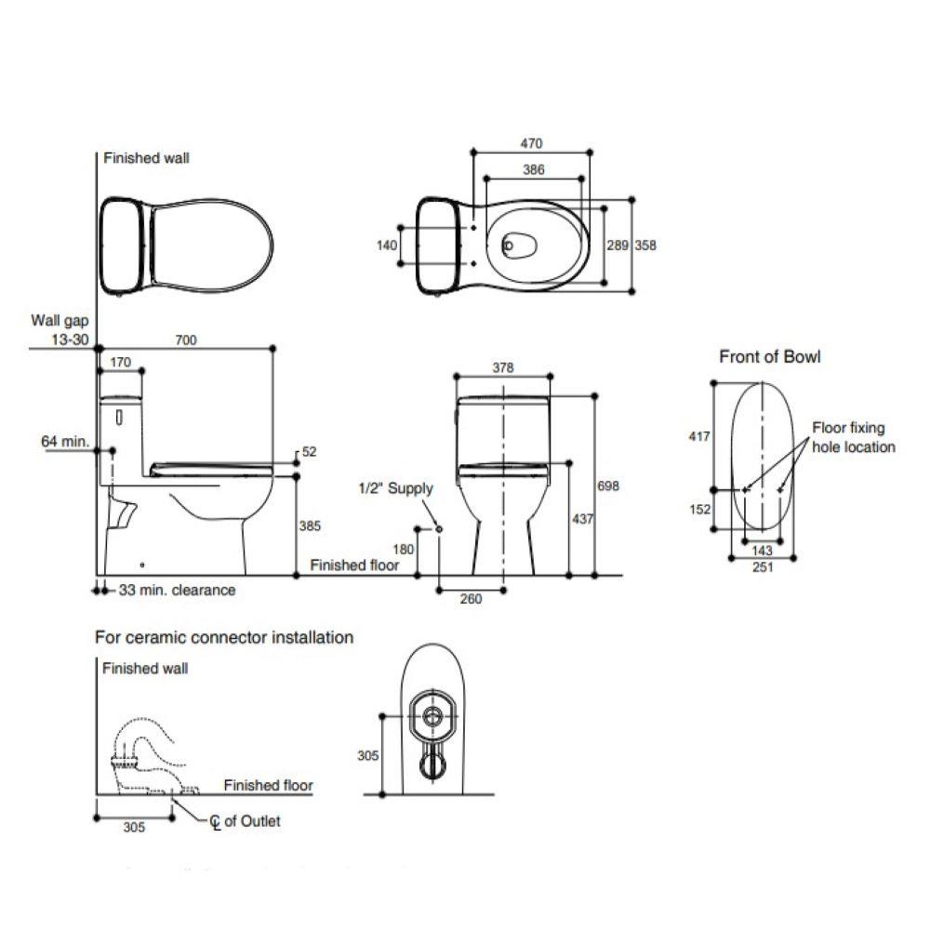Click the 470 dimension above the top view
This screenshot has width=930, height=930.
531,144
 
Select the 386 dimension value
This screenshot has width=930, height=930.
533,170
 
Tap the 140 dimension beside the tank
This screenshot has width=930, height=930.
388,246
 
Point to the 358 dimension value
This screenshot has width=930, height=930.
645,246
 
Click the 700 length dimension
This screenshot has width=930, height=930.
186,341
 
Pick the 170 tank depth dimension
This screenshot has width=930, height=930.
120,362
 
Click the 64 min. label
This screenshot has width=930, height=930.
64,441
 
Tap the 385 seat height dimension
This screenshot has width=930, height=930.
310,525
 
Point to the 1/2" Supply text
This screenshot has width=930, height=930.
396,488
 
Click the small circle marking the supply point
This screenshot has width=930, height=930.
439,528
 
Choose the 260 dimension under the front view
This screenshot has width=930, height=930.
472,599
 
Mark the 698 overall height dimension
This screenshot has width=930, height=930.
608,485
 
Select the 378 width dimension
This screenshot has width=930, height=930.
502,368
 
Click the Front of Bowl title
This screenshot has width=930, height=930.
770,357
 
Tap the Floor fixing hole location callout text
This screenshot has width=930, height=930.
853,438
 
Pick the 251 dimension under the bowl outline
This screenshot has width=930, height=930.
763,568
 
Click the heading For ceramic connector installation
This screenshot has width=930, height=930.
224,638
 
